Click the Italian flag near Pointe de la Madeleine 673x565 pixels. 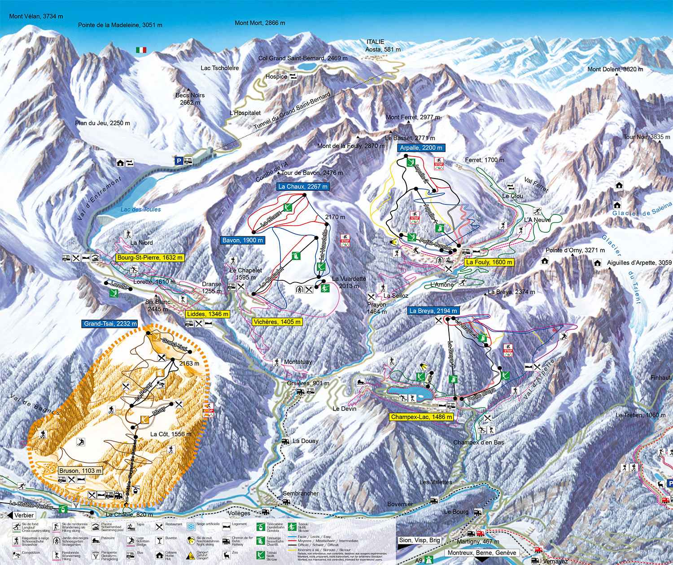pyautogui.click(x=141, y=50)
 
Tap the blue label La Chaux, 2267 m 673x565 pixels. pyautogui.click(x=303, y=187)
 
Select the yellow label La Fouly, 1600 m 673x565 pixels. pyautogui.click(x=489, y=262)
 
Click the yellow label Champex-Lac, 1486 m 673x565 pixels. pyautogui.click(x=421, y=417)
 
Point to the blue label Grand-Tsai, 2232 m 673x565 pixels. pyautogui.click(x=110, y=324)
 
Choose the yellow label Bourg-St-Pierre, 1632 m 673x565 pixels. pyautogui.click(x=150, y=258)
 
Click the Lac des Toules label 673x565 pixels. pyautogui.click(x=140, y=209)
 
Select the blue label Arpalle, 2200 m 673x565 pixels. pyautogui.click(x=421, y=148)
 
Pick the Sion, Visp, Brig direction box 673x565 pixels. pyautogui.click(x=420, y=540)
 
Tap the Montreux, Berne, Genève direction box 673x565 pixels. pyautogui.click(x=482, y=553)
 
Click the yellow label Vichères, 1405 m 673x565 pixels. pyautogui.click(x=277, y=322)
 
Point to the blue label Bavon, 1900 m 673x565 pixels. pyautogui.click(x=243, y=240)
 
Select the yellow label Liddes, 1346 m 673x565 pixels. pyautogui.click(x=208, y=314)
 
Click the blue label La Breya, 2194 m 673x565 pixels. pyautogui.click(x=433, y=311)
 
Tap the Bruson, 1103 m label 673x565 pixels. pyautogui.click(x=80, y=471)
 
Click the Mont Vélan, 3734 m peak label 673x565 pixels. pyautogui.click(x=36, y=16)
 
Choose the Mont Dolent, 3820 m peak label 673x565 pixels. pyautogui.click(x=615, y=70)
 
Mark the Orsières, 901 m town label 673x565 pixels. pyautogui.click(x=308, y=383)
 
